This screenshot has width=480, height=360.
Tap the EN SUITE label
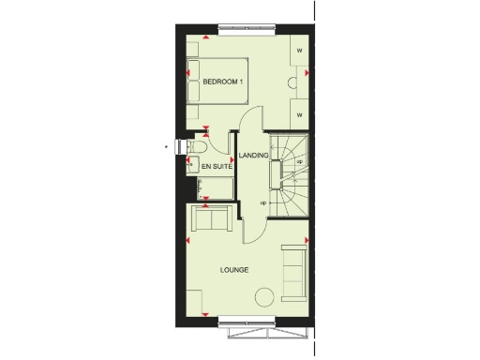pos(217,166)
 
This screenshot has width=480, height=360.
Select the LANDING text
pos(254,155)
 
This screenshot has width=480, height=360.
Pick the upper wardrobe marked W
pos(298,50)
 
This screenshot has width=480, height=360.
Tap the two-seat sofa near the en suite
pos(211,221)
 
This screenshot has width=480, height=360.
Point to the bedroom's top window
pos(247,27)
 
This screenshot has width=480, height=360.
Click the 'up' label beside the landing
pos(263,202)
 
